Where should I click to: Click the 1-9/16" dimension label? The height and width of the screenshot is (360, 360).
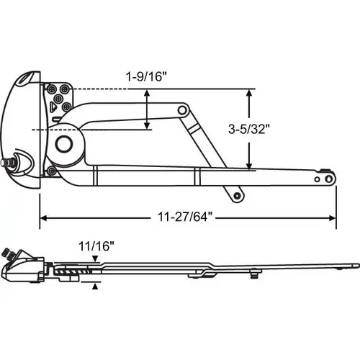(x=143, y=75)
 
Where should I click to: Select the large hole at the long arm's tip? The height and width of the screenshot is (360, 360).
(x=327, y=177)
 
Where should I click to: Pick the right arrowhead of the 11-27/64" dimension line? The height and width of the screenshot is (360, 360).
(x=333, y=216)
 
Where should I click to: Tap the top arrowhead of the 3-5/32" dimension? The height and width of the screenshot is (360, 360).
(x=250, y=93)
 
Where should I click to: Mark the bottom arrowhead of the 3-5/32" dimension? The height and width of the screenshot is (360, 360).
(x=250, y=167)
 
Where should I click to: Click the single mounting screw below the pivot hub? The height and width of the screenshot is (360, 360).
(x=52, y=171)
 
